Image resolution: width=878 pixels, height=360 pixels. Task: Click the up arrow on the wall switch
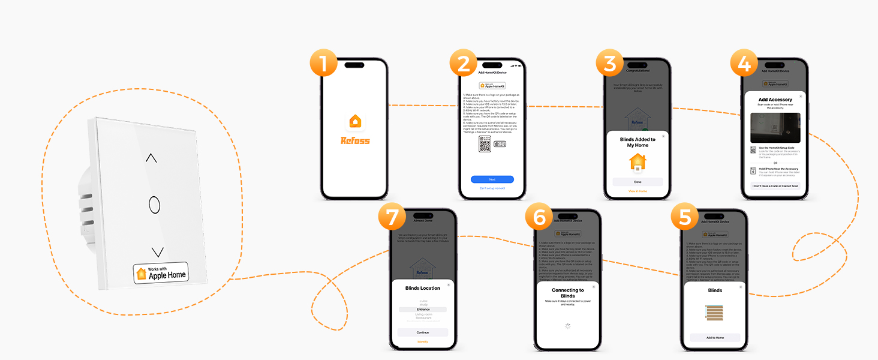coord(151,158)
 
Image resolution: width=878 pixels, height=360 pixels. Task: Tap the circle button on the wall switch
coord(154,205)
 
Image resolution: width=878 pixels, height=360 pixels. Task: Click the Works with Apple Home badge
coord(161,273)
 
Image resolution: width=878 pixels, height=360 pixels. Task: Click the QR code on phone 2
coord(485,144)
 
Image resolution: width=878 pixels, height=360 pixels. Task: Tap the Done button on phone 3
coord(638,182)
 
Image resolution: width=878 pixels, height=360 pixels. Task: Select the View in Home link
coord(638,191)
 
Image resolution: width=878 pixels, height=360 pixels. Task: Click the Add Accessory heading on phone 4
coord(775,100)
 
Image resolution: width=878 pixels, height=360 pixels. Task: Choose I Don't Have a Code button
coord(775,186)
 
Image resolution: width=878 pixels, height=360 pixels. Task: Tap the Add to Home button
coord(715,338)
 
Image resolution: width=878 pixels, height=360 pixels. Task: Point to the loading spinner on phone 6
coord(568,326)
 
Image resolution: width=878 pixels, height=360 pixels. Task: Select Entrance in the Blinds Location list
coord(423,310)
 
